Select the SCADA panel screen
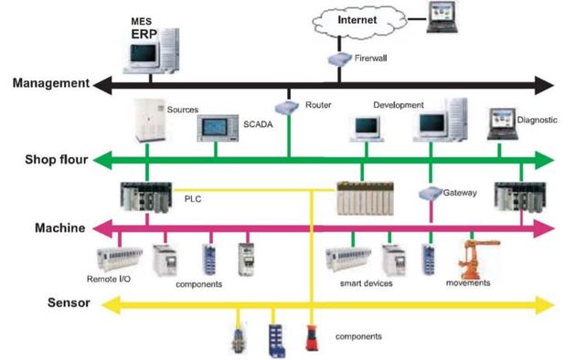(x=220, y=130)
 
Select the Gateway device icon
(x=431, y=194)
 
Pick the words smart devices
(x=367, y=284)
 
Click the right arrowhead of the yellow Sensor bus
(x=548, y=303)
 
